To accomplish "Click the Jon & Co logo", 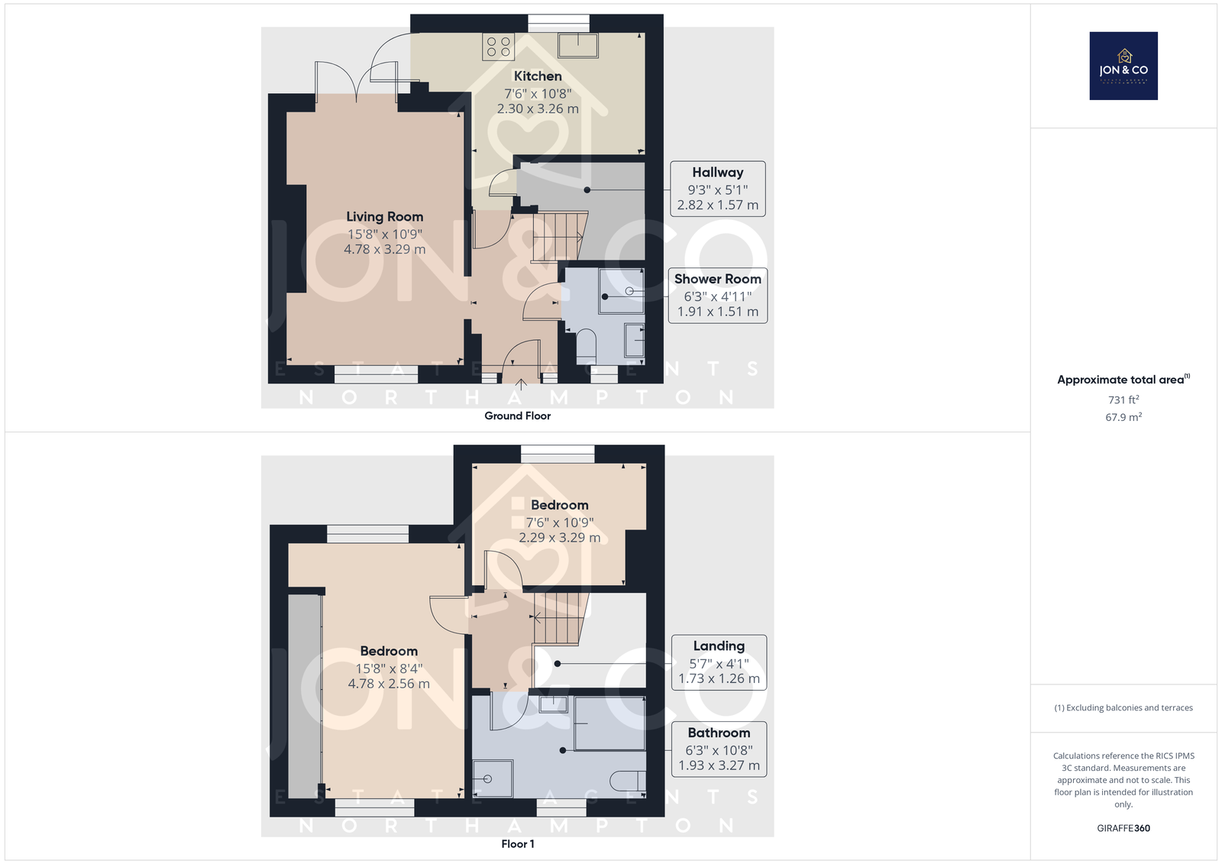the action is pos(1123,66).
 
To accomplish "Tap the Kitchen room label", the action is pos(538,76).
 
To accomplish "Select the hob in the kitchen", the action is pos(498,47).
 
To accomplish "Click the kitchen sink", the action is pos(577,45).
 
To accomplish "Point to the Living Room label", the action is pos(385,217).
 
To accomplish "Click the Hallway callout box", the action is pos(717,189).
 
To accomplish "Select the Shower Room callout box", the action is pos(717,296).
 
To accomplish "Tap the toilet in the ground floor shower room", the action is pos(587,346).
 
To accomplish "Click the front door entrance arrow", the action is pos(521,384).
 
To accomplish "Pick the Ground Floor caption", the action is pos(517,416).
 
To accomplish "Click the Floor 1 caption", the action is pos(517,844).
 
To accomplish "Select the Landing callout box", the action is pos(719,662).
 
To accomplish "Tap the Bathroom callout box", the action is pos(719,749).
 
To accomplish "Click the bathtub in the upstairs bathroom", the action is pos(610,723).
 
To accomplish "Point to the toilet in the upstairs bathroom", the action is pos(628,781).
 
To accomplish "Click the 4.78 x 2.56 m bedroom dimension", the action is pos(389,684).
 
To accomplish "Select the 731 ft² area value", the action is pos(1123,400).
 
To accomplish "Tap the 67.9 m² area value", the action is pos(1123,417).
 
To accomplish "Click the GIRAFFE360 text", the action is pos(1123,828).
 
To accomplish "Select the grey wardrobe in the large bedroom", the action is pos(305,696).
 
